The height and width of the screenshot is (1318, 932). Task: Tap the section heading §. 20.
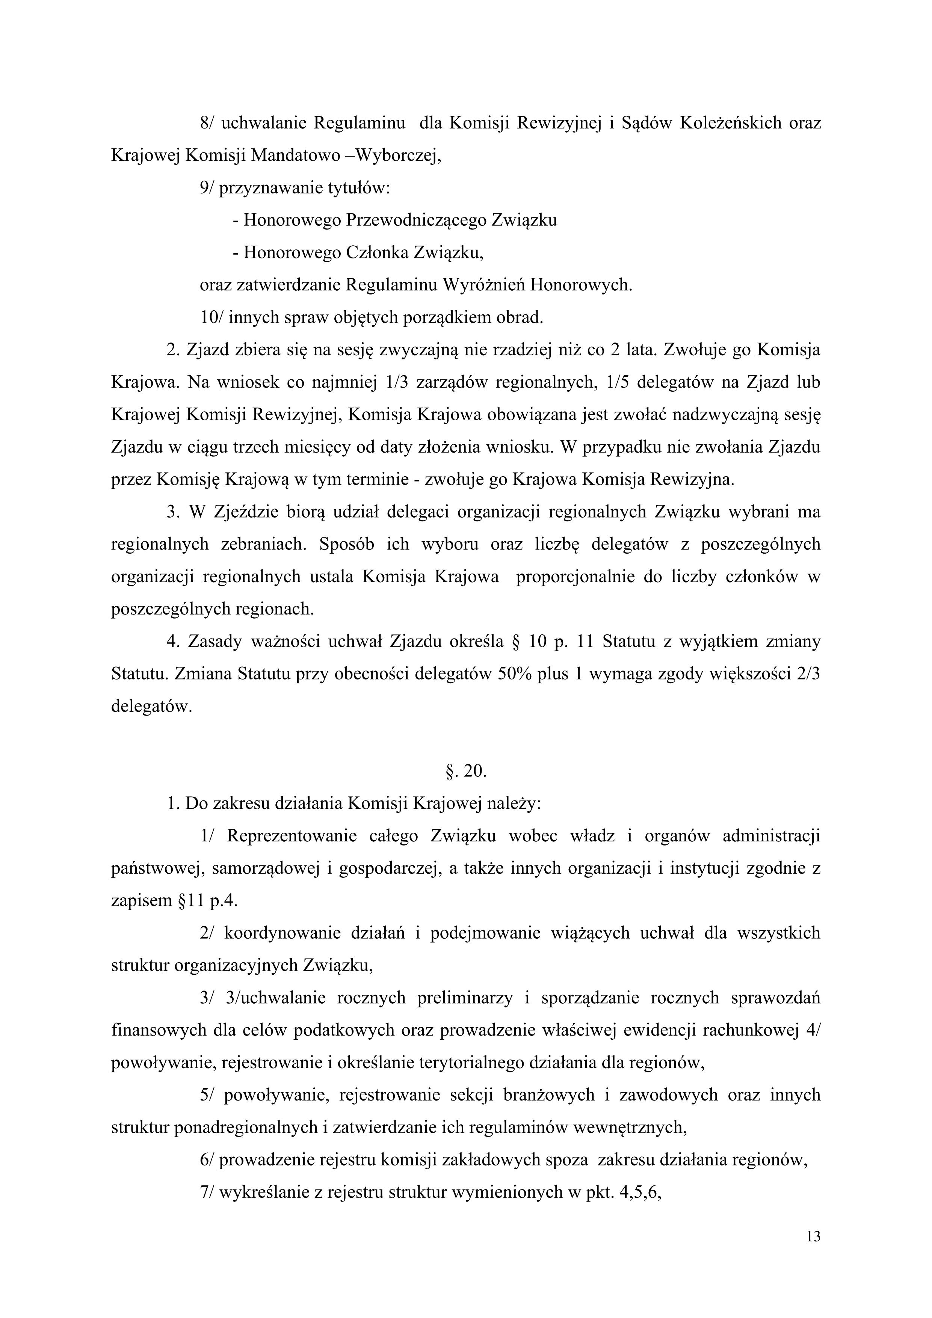466,771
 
